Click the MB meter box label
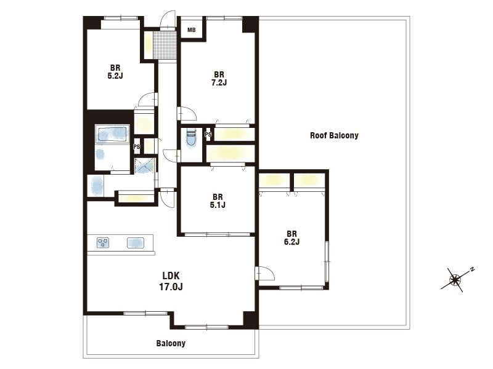point(192,30)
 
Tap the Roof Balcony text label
point(334,135)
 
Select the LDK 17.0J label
point(171,281)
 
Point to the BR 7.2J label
point(219,79)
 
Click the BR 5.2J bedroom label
point(115,71)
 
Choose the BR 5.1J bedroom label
point(218,201)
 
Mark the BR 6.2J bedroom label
point(291,238)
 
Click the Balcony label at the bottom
point(171,343)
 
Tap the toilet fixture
point(191,138)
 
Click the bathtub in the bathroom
point(112,134)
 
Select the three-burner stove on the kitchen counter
point(103,243)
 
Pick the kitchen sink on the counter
point(136,243)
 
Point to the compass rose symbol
point(455,279)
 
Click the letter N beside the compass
point(472,269)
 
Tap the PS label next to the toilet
point(208,134)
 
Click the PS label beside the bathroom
point(136,146)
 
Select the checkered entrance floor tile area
point(165,44)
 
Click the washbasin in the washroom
point(97,186)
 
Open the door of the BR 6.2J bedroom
point(266,272)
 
